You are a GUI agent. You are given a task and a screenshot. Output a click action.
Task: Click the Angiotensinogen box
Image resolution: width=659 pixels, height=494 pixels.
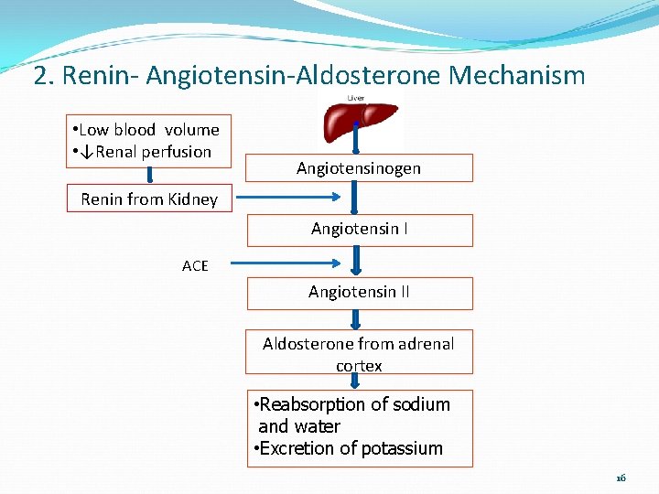pyautogui.click(x=359, y=168)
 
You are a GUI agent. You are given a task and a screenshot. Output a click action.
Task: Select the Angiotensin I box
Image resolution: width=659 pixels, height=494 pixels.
pyautogui.click(x=359, y=230)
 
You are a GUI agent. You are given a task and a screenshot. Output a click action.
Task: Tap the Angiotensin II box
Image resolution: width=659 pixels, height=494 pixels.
pyautogui.click(x=359, y=293)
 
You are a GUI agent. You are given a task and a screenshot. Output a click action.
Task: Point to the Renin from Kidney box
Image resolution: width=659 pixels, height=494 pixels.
pyautogui.click(x=149, y=199)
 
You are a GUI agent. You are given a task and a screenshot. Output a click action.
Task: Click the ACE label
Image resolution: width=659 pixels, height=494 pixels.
pyautogui.click(x=195, y=266)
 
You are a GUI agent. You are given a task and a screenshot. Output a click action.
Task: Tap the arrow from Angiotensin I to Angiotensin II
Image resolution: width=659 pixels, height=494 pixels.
pyautogui.click(x=358, y=260)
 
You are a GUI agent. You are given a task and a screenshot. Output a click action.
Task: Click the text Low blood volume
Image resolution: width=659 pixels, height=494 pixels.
pyautogui.click(x=148, y=130)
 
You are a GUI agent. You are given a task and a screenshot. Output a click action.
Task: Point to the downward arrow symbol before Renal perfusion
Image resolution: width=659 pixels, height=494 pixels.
pyautogui.click(x=86, y=152)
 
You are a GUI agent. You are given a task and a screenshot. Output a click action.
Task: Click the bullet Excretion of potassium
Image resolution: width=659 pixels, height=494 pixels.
pyautogui.click(x=348, y=448)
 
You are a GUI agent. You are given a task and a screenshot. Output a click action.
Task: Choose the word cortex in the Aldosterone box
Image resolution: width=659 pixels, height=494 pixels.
pyautogui.click(x=359, y=366)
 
